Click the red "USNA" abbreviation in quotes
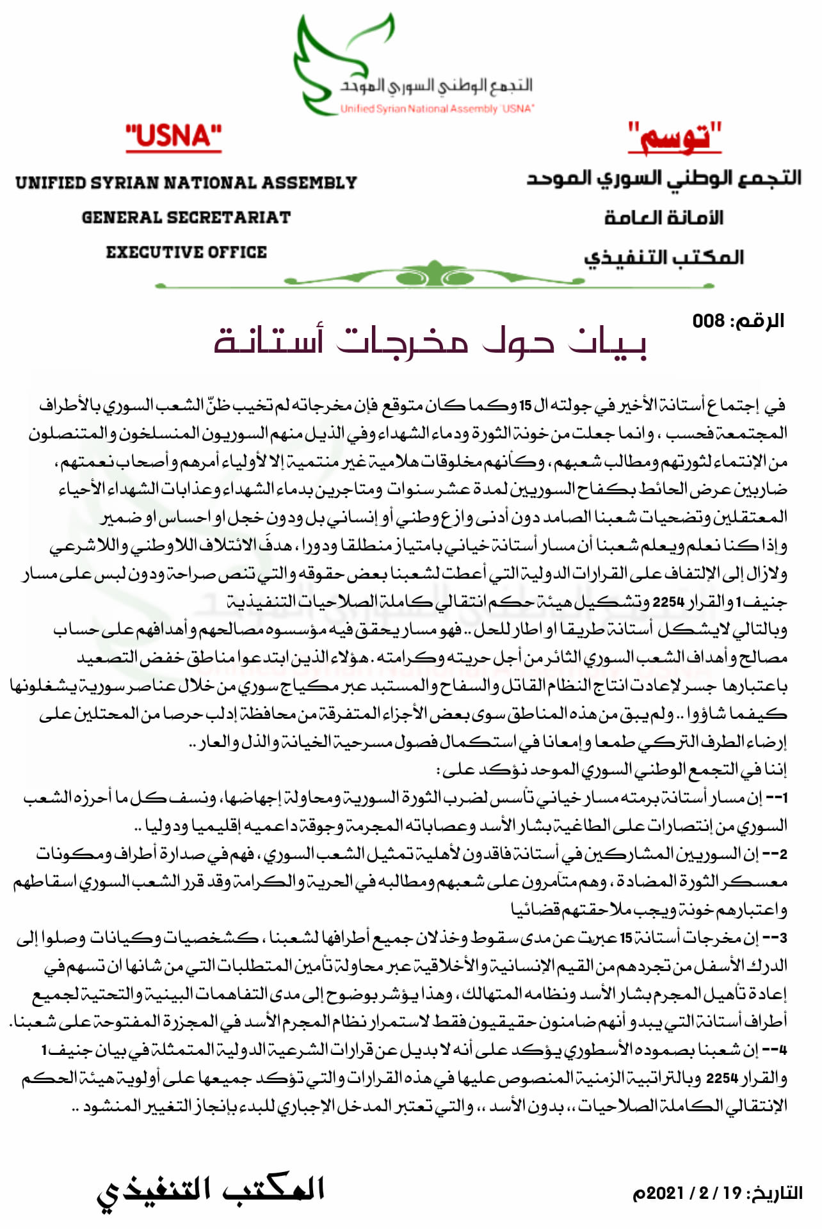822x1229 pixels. pos(173,136)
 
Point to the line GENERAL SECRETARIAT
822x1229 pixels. pos(186,218)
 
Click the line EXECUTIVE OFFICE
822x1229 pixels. pos(186,252)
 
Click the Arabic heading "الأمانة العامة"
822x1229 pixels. pos(663,218)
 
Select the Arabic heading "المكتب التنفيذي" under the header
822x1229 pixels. pos(663,257)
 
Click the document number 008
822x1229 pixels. pos(708,321)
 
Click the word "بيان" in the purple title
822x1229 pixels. pos(607,342)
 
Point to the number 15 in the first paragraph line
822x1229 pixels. pos(525,406)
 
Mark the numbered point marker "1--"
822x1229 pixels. pos(776,798)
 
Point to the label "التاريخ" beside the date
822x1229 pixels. pos(777,1193)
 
